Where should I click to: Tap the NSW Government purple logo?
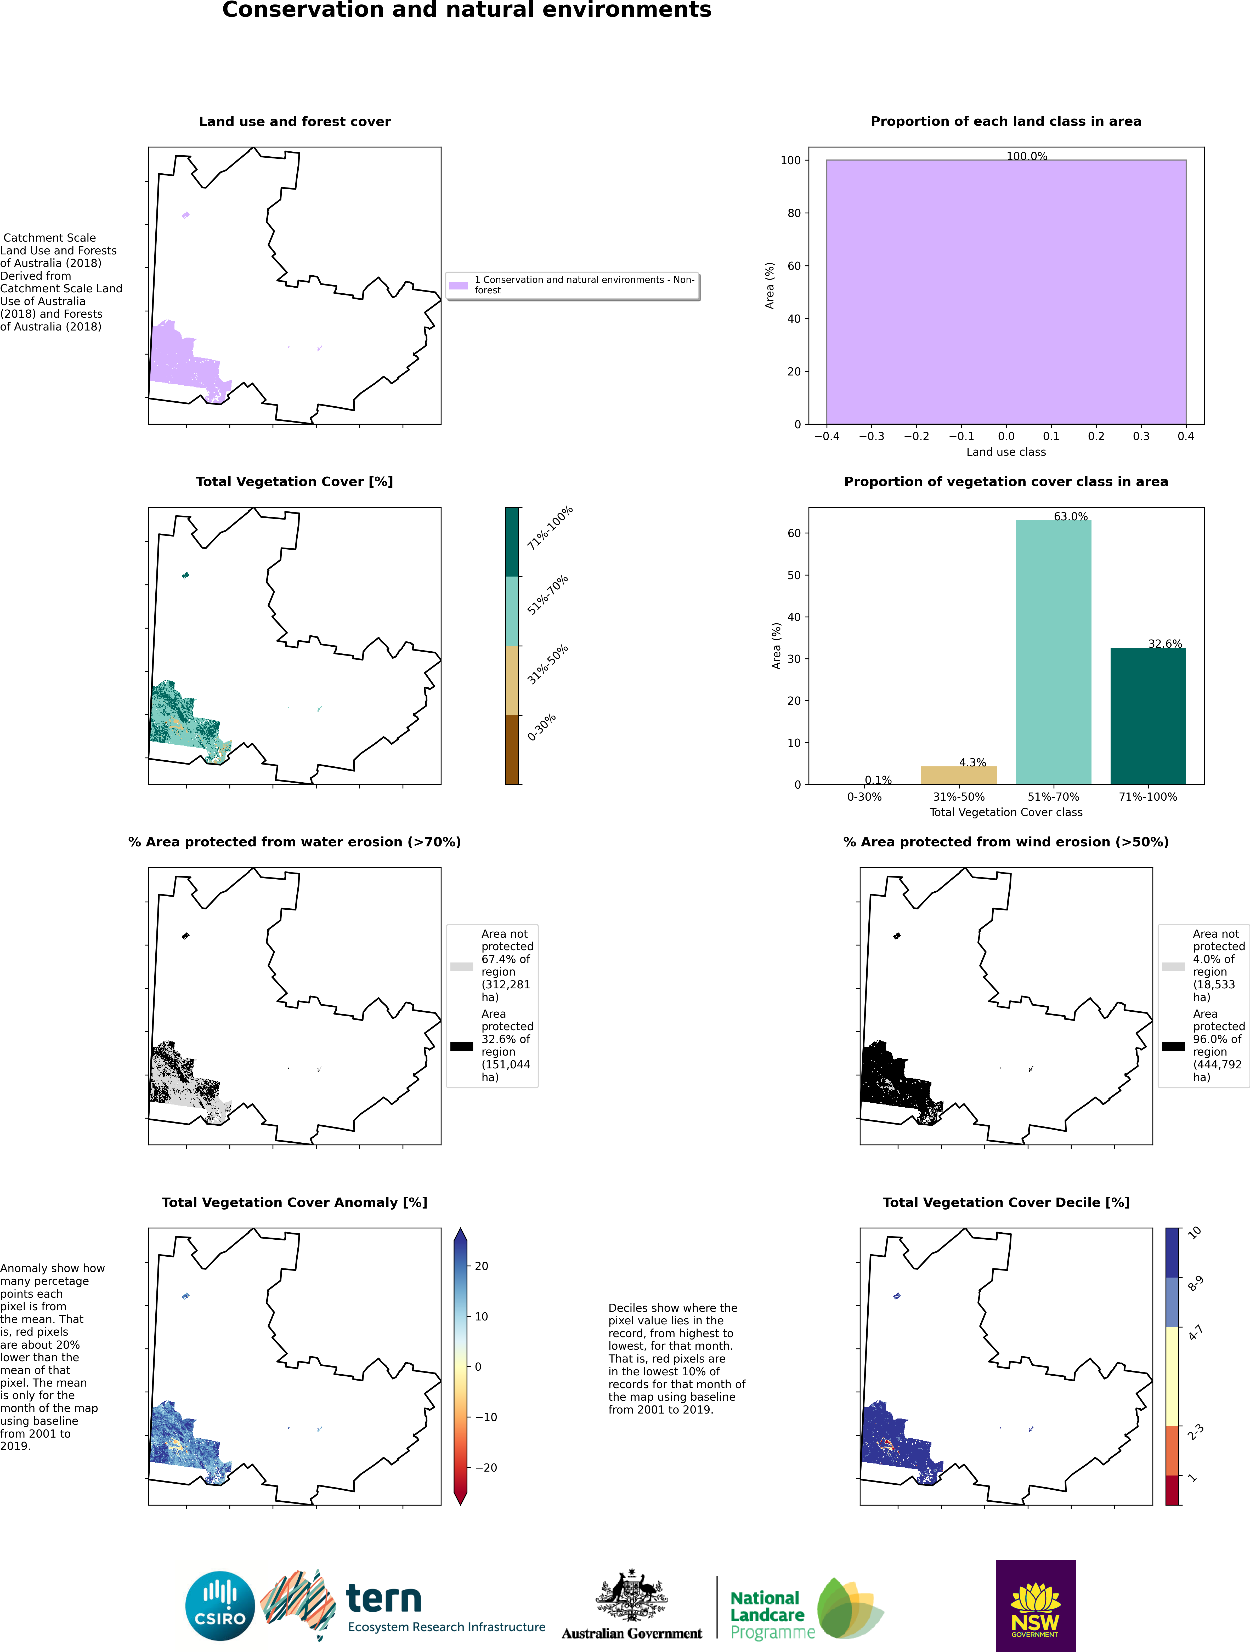click(x=1036, y=1606)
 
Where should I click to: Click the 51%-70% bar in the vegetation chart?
click(x=1054, y=652)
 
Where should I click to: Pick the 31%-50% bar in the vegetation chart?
click(x=959, y=775)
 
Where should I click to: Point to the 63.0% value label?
click(x=1071, y=516)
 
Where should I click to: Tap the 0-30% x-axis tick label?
click(x=864, y=797)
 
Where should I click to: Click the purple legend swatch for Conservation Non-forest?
click(x=458, y=285)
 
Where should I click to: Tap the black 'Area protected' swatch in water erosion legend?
click(x=462, y=1046)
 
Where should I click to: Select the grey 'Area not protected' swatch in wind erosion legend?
click(x=1173, y=966)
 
